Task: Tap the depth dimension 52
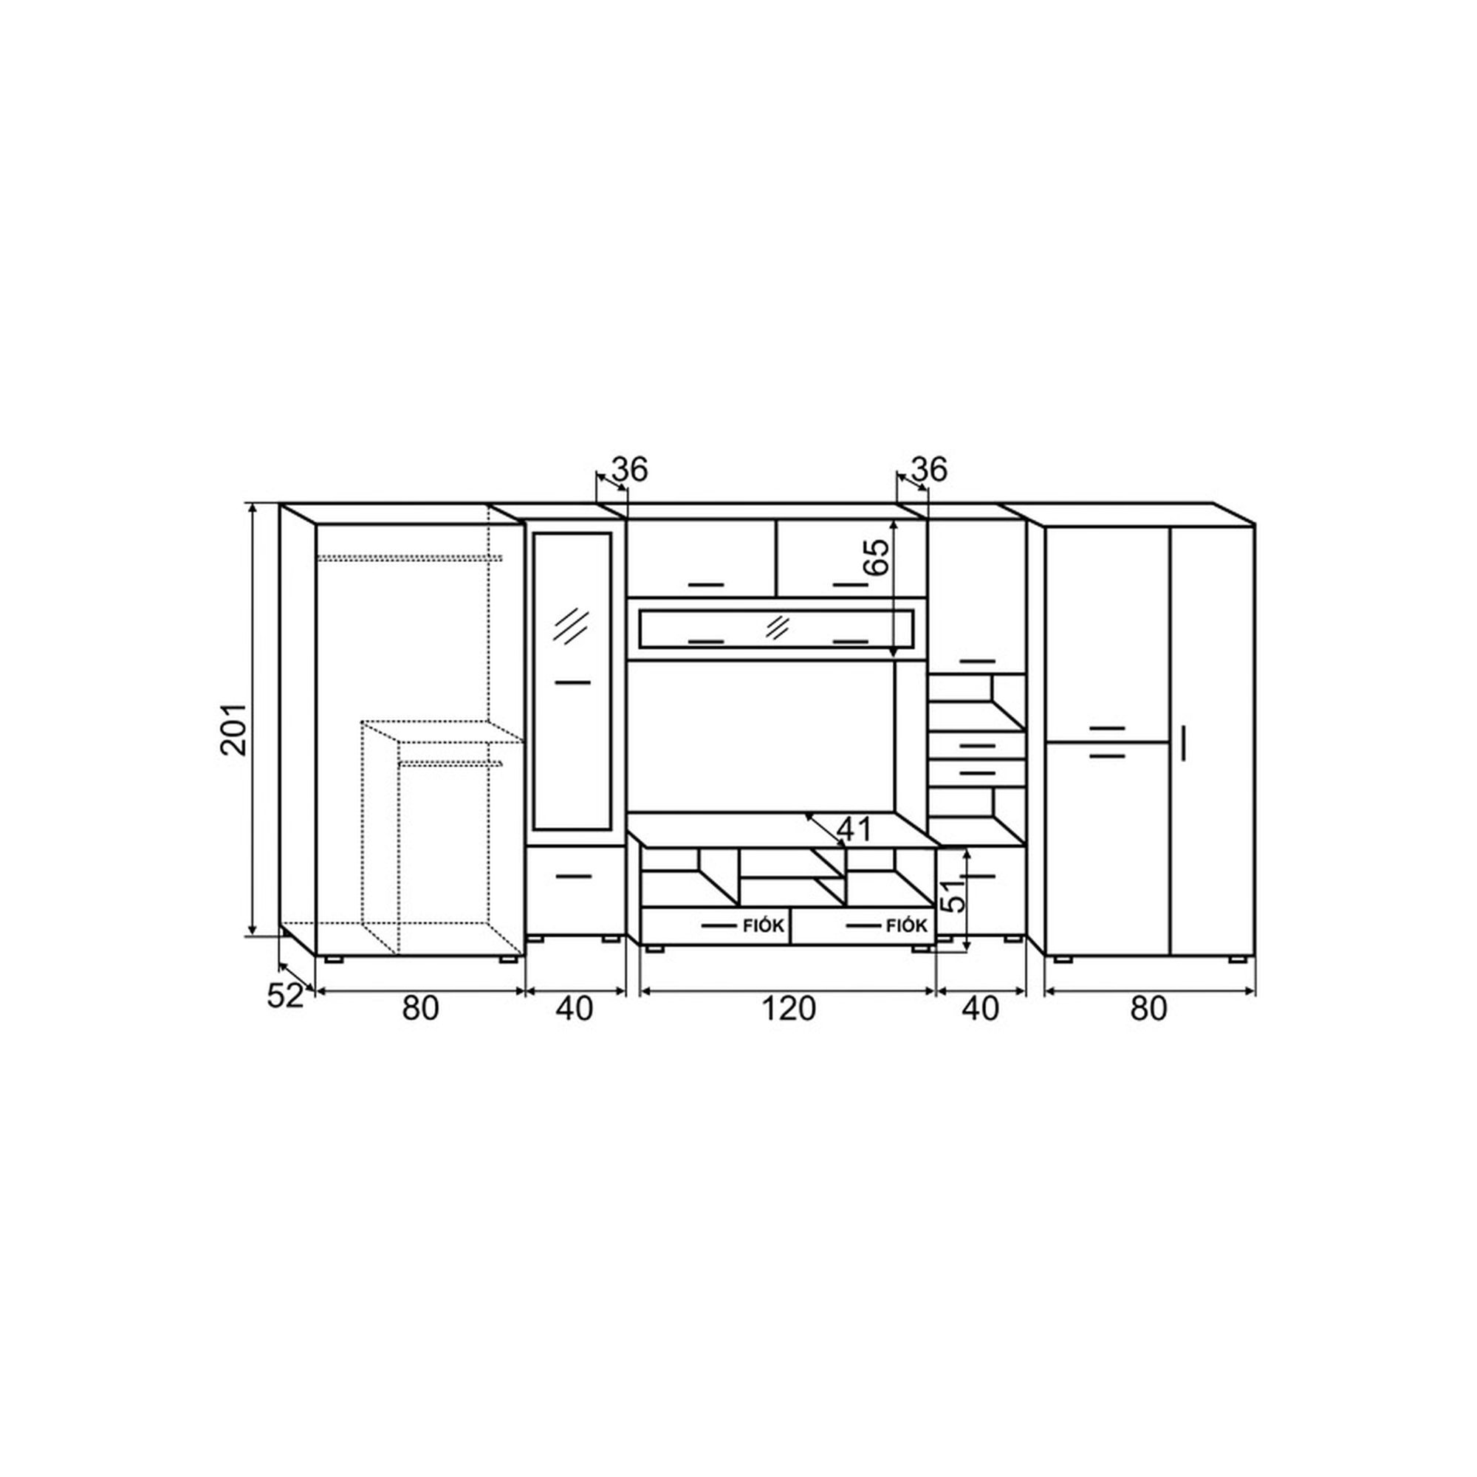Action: (x=285, y=995)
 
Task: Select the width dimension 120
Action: (x=788, y=1009)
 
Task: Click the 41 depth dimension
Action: (x=854, y=829)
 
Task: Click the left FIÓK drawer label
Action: (x=764, y=927)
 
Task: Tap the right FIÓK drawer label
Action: (x=907, y=927)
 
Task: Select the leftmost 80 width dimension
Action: (x=420, y=1009)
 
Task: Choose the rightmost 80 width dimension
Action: (x=1148, y=1009)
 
